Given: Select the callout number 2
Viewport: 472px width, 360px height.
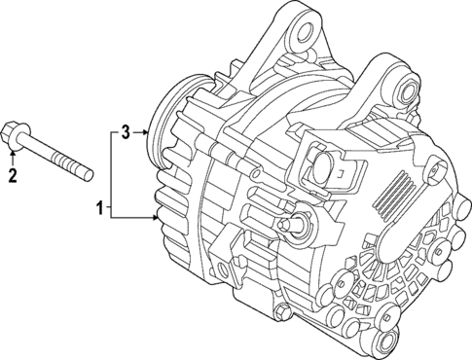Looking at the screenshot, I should (13, 175).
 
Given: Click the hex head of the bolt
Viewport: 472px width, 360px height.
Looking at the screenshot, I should (12, 132).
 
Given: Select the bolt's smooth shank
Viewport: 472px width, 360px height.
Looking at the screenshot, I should (44, 151).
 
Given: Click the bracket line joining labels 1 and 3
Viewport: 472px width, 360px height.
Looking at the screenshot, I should (113, 170).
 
